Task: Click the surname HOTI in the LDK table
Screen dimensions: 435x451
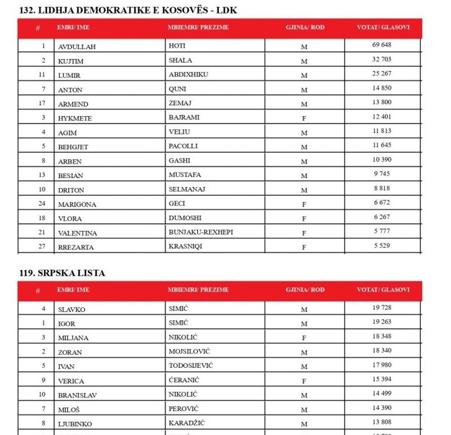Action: coord(177,46)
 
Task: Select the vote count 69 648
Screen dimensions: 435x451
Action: coord(382,45)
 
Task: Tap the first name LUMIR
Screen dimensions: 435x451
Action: coord(69,75)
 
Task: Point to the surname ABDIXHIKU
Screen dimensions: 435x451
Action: coord(188,74)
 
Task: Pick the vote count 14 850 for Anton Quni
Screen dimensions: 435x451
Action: coord(382,88)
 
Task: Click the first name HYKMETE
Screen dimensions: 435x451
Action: coord(75,118)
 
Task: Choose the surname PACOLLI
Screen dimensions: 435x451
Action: coord(183,146)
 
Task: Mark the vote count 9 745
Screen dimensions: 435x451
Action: coord(382,174)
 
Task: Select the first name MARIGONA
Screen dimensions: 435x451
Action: coord(77,204)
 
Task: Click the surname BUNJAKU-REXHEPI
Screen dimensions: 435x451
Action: coord(201,232)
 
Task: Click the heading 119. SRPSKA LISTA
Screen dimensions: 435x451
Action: coord(62,273)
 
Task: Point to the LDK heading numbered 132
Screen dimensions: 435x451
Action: coord(128,10)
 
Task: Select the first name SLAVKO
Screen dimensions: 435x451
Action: coord(71,309)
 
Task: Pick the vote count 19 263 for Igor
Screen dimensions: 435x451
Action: coord(382,322)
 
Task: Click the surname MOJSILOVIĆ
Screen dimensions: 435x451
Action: coord(189,351)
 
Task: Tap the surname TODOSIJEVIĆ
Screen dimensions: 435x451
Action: coord(191,365)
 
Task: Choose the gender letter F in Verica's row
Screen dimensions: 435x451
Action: coord(304,381)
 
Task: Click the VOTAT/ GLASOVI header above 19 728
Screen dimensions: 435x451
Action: coord(383,290)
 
